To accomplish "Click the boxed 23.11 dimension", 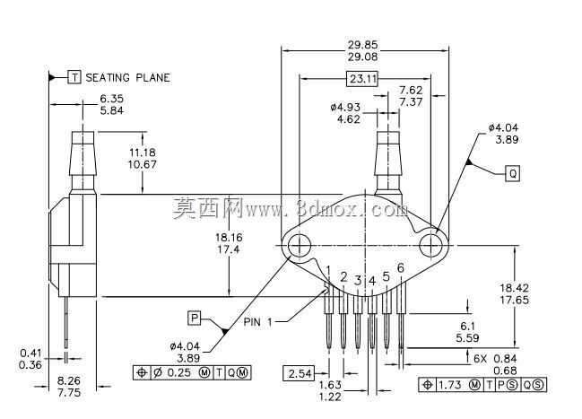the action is tap(362, 79).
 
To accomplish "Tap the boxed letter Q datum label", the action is tap(513, 173).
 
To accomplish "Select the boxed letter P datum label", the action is tap(194, 318).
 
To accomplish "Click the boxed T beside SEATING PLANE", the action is tap(74, 77).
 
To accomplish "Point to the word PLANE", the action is tap(153, 78).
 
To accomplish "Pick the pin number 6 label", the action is tap(400, 267).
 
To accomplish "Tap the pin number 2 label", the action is tap(343, 276).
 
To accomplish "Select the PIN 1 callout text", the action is tap(257, 322).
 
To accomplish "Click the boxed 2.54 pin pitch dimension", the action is tap(300, 373).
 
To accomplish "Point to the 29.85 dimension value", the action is tap(362, 45).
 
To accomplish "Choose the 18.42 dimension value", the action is tap(514, 288).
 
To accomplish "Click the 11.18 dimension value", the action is tap(143, 153).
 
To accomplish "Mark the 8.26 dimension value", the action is tap(69, 380).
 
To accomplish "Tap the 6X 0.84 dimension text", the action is tap(495, 359).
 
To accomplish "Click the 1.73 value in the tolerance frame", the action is tap(451, 385).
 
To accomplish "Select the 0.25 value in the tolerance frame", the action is tap(179, 372).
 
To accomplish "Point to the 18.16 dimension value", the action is tap(229, 237).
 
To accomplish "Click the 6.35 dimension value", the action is tap(112, 99).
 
